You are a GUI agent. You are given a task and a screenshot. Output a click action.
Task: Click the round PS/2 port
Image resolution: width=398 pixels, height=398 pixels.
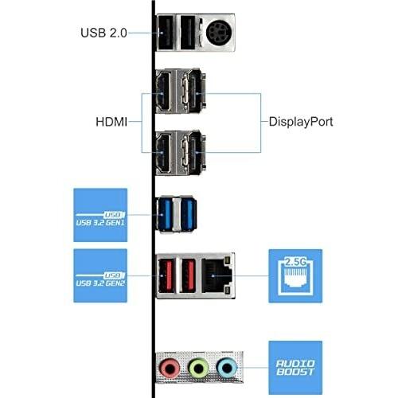click(217, 33)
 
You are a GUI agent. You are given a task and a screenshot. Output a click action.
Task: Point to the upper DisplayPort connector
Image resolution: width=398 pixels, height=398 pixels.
click(194, 92)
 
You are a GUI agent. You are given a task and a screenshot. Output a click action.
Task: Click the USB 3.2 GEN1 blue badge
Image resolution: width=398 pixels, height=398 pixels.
click(100, 215)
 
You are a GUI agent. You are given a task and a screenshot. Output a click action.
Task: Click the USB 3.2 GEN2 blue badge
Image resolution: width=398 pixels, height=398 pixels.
click(100, 275)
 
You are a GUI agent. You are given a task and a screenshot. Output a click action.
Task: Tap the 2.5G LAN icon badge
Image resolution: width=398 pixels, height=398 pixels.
click(295, 275)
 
